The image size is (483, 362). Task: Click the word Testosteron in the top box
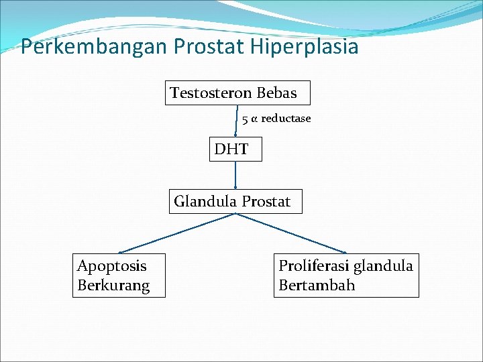pos(210,93)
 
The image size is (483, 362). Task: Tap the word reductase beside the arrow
pos(286,119)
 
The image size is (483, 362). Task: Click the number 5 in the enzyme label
pos(246,119)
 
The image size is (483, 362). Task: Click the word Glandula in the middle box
pos(205,201)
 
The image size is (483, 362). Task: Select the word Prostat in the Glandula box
pos(266,201)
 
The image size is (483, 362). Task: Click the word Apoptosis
pos(112,266)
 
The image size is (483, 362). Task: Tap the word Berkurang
pos(113,286)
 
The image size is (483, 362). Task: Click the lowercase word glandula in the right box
pos(383,266)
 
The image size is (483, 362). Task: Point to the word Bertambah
pos(317,286)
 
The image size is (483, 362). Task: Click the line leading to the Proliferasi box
pos(290,232)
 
